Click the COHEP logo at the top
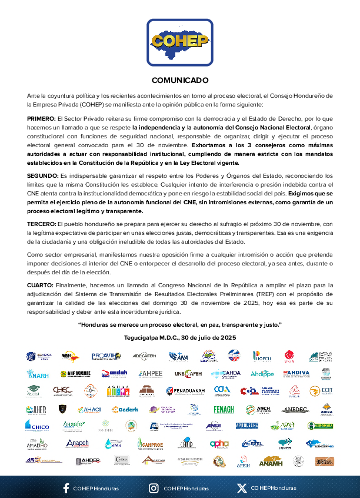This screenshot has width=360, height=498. (x=180, y=42)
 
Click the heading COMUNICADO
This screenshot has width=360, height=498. (x=180, y=80)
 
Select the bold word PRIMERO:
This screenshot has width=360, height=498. (x=41, y=119)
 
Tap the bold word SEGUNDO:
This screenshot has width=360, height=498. (x=42, y=176)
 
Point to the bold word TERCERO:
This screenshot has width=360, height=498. (x=42, y=225)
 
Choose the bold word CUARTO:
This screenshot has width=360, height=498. (x=40, y=284)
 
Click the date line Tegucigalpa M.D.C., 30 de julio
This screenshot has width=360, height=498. (x=180, y=338)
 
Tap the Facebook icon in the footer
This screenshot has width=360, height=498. (x=65, y=488)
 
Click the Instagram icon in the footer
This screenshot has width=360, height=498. (x=154, y=488)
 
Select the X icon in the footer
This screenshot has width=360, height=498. (x=241, y=488)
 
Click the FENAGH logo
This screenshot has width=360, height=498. (x=224, y=410)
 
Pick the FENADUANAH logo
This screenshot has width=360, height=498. (x=186, y=391)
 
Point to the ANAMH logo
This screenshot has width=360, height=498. (x=271, y=461)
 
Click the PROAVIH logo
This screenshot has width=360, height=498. (x=106, y=356)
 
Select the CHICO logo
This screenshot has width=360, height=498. (x=36, y=425)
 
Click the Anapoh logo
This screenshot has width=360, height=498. (x=77, y=443)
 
